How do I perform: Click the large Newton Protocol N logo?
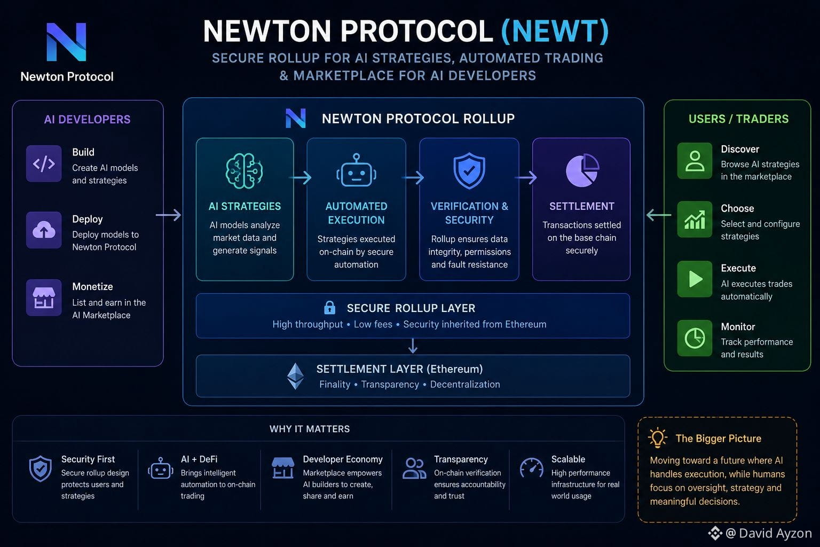tap(66, 42)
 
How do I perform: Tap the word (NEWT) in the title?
tap(555, 32)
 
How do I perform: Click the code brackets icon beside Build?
tap(44, 164)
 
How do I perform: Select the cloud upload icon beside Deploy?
tap(44, 230)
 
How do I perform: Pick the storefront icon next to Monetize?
tap(44, 298)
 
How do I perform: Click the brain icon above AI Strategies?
tap(244, 171)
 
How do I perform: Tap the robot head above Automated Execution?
tap(356, 170)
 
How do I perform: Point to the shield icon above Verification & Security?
tap(469, 171)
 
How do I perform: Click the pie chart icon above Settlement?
tap(582, 170)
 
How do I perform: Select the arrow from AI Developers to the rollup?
tap(168, 215)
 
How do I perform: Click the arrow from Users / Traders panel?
tap(659, 215)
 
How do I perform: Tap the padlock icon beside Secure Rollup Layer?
tap(329, 308)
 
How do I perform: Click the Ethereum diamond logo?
tap(295, 376)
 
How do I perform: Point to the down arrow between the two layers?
tap(413, 346)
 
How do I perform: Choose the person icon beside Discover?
tap(695, 161)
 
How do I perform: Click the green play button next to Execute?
tap(695, 279)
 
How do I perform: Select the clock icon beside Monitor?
tap(695, 338)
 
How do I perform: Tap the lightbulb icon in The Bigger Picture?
tap(658, 437)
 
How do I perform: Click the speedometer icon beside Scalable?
tap(532, 468)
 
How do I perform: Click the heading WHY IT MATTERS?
tap(310, 429)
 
